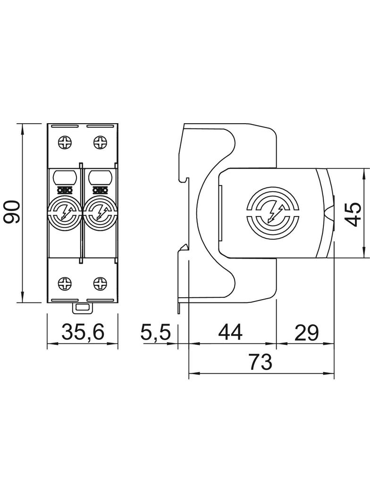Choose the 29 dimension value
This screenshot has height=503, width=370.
click(x=306, y=332)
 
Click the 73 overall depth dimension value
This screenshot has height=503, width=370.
click(x=261, y=361)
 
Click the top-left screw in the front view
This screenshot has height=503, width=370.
click(x=65, y=143)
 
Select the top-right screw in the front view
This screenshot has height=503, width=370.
click(x=100, y=143)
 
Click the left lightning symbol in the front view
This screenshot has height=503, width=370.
click(x=65, y=212)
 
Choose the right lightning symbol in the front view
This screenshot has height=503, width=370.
click(x=100, y=212)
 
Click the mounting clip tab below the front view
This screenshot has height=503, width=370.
click(x=83, y=308)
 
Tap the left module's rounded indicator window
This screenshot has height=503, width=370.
click(x=65, y=177)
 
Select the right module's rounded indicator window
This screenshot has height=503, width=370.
click(x=100, y=177)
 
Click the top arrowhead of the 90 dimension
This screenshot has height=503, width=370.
click(x=22, y=129)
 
